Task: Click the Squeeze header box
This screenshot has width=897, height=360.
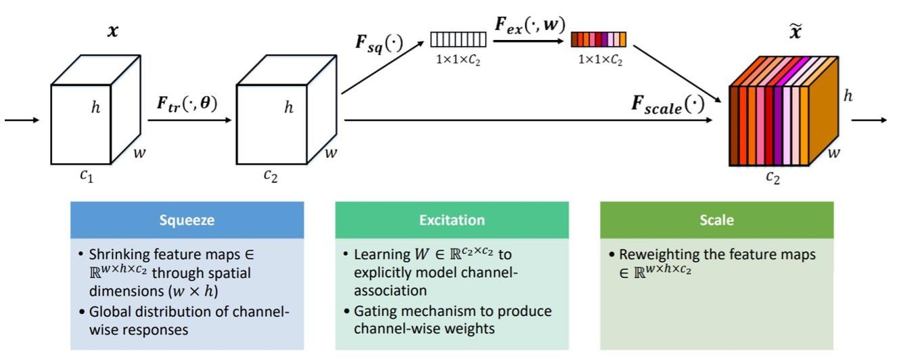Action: click(187, 220)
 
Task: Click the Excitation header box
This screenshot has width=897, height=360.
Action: click(452, 220)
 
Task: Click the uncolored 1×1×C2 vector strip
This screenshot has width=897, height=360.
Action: click(458, 39)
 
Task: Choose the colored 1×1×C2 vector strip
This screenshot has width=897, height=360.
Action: click(598, 39)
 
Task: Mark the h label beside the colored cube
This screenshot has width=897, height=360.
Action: click(848, 96)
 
